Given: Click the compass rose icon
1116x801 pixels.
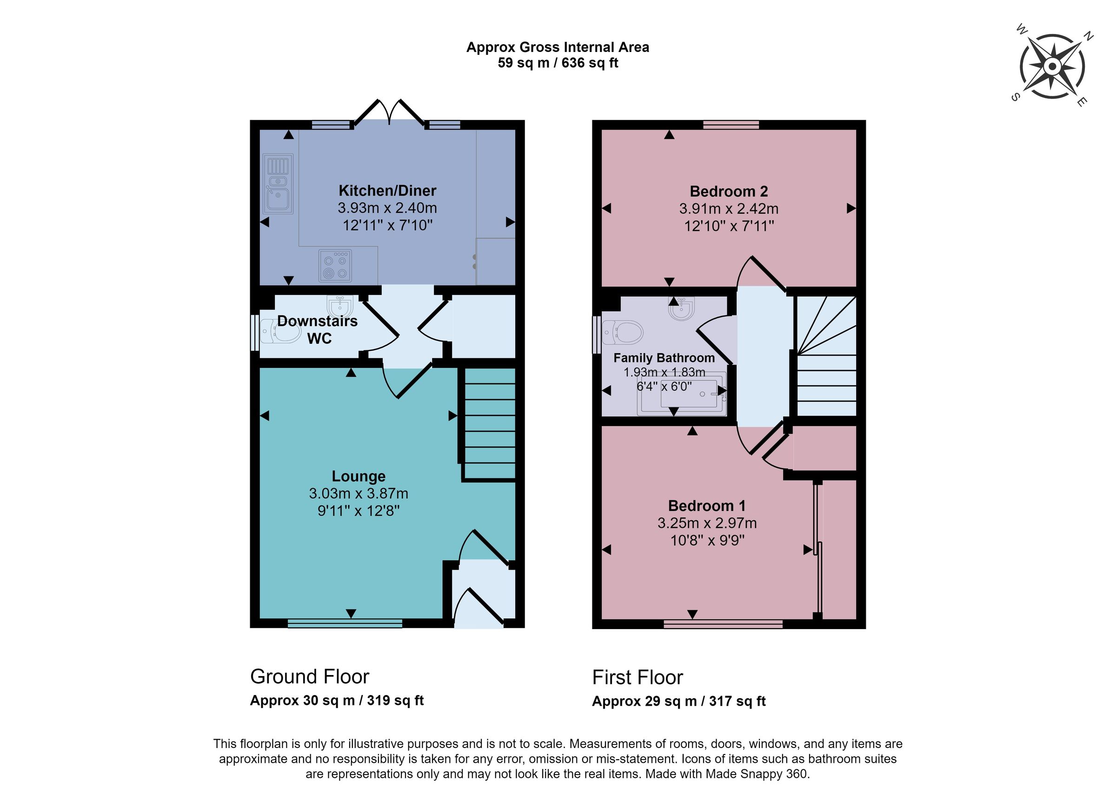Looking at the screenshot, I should click(x=1052, y=66).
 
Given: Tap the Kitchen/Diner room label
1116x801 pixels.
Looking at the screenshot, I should click(x=387, y=190).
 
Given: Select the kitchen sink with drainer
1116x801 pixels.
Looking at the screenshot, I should click(x=278, y=184).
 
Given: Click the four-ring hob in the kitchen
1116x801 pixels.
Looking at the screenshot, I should click(x=335, y=265).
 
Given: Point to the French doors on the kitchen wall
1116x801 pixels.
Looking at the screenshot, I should click(x=389, y=113).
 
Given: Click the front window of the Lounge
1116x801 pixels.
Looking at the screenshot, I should click(x=345, y=624).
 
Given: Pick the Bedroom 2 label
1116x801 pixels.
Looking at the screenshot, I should click(x=728, y=191).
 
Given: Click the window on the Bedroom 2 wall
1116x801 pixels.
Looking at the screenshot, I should click(x=731, y=125).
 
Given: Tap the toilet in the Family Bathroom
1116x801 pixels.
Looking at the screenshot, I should click(x=623, y=332).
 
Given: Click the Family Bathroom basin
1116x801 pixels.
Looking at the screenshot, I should click(x=682, y=308).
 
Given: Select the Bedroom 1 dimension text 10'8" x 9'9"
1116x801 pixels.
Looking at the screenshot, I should click(x=707, y=540).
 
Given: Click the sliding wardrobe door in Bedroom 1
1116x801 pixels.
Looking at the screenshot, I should click(x=818, y=551).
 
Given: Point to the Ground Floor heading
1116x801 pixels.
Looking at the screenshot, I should click(x=310, y=676).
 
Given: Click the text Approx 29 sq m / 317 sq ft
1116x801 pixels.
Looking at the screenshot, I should click(x=678, y=701).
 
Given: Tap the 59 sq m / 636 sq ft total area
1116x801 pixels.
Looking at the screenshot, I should click(x=558, y=63).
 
